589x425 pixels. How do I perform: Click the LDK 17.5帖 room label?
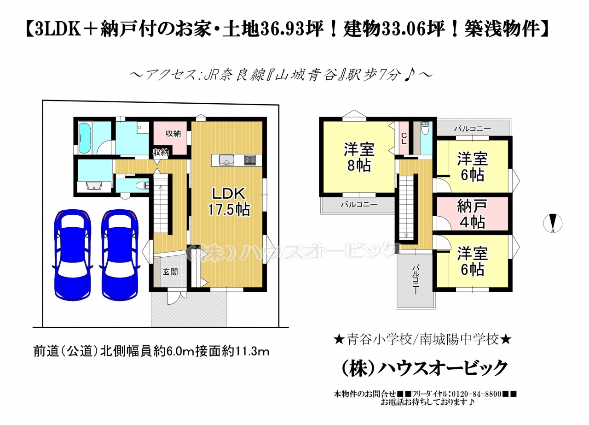tap(229, 202)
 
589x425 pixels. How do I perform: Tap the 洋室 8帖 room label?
tap(359, 158)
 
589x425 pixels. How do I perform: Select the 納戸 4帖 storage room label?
tap(472, 214)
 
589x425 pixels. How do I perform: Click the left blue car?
tap(73, 255)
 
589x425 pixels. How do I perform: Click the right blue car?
tap(120, 255)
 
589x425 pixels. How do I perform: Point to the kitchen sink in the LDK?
tap(226, 160)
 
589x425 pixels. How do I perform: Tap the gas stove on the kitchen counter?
tap(250, 160)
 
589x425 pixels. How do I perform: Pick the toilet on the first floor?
tap(142, 186)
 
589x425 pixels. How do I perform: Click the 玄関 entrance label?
tap(170, 272)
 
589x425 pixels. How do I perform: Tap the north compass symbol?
tap(553, 223)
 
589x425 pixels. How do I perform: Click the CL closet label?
tap(404, 138)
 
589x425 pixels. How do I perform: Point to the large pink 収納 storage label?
tap(173, 134)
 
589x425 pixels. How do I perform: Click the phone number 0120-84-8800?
tap(477, 394)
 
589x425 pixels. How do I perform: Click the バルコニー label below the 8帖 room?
tap(359, 204)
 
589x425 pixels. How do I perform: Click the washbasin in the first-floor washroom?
tap(94, 186)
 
